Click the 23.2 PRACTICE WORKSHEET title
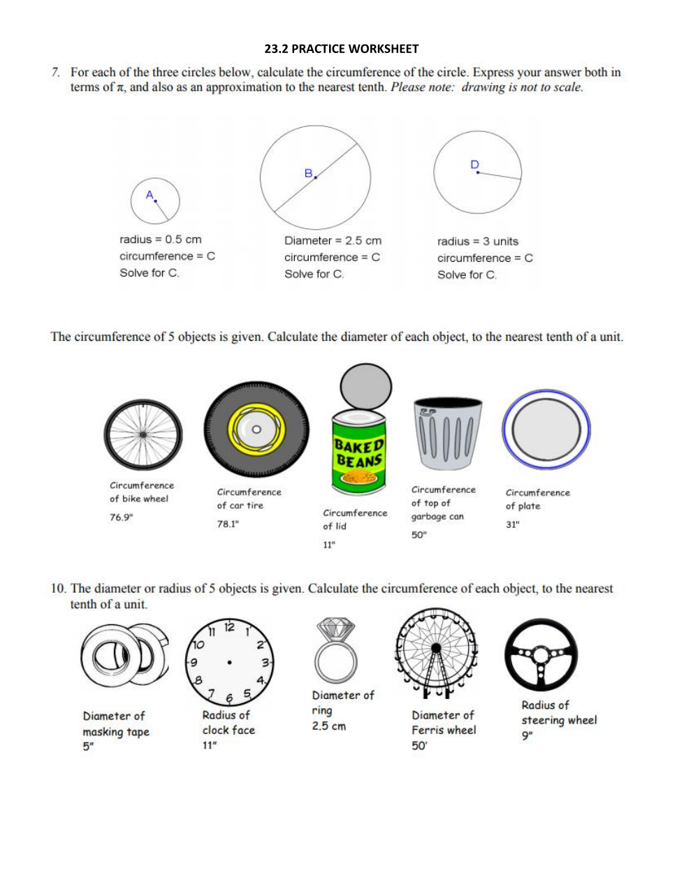tap(342, 49)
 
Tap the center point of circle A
tap(155, 201)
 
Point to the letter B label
tap(308, 173)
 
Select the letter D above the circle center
tap(474, 164)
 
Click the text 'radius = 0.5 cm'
tap(160, 240)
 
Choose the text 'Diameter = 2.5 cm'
tap(333, 241)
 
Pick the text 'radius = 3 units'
tap(478, 242)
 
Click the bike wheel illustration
tap(143, 434)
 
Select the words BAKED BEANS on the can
tap(358, 452)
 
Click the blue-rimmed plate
tap(546, 429)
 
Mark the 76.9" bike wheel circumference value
tap(122, 517)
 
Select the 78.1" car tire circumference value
tap(228, 524)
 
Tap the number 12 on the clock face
tap(229, 627)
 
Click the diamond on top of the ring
tap(336, 629)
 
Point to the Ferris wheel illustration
tap(436, 654)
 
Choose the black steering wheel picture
tap(541, 655)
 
